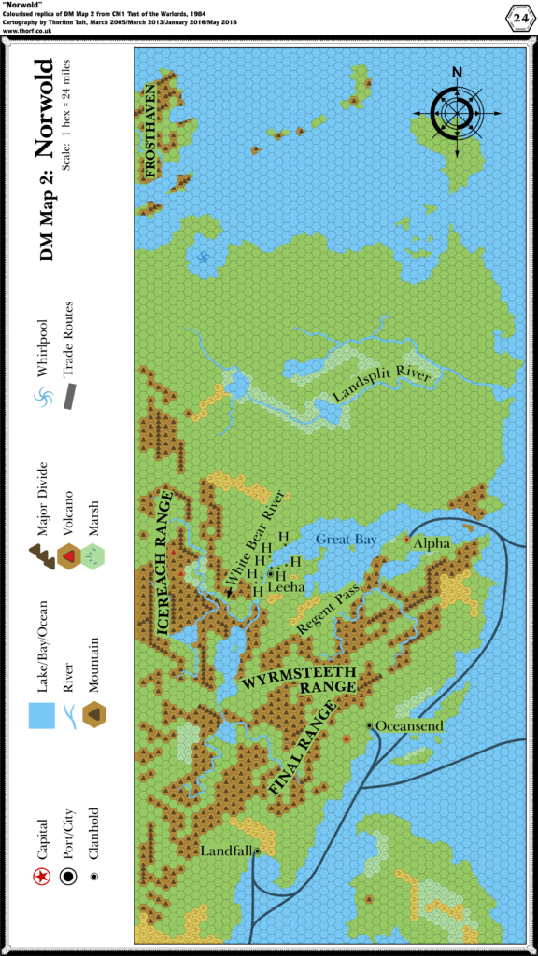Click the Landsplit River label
[x=382, y=386]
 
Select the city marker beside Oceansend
[x=370, y=725]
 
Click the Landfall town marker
[x=257, y=851]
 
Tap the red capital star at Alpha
[x=406, y=539]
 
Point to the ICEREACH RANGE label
[x=164, y=563]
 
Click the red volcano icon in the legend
[x=67, y=556]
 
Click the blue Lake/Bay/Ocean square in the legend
[x=40, y=715]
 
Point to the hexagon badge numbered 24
[x=517, y=16]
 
